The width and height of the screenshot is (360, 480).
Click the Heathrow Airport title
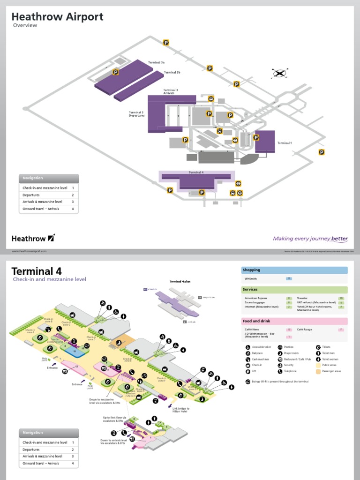pyautogui.click(x=57, y=17)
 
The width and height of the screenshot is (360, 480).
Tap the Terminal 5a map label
pyautogui.click(x=157, y=62)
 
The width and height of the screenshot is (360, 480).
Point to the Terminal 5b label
pyautogui.click(x=172, y=73)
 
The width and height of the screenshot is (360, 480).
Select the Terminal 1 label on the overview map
pyautogui.click(x=285, y=143)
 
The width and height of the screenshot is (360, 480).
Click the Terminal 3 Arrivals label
pyautogui.click(x=171, y=91)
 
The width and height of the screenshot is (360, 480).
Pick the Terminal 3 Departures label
pyautogui.click(x=137, y=114)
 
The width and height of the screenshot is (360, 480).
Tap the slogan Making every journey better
pyautogui.click(x=310, y=239)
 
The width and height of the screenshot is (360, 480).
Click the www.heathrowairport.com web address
pyautogui.click(x=29, y=251)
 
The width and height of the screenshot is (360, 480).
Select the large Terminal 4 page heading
pyautogui.click(x=37, y=271)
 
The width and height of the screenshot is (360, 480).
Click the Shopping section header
pyautogui.click(x=251, y=270)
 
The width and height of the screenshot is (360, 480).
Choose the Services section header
pyautogui.click(x=250, y=290)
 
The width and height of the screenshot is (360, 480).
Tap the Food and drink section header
pyautogui.click(x=255, y=321)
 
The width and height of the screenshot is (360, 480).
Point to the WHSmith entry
pyautogui.click(x=252, y=278)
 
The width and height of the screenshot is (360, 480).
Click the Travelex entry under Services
pyautogui.click(x=303, y=298)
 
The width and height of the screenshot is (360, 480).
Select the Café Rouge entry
pyautogui.click(x=305, y=330)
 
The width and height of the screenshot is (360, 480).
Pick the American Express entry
pyautogui.click(x=255, y=298)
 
